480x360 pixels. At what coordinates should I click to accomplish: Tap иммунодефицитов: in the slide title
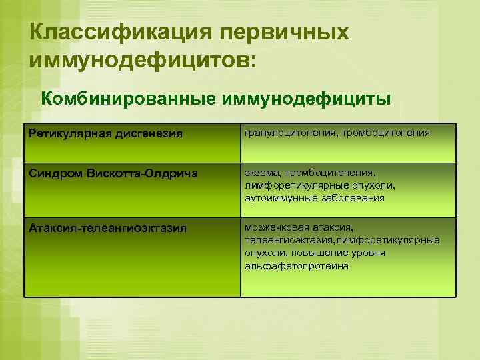click(142, 61)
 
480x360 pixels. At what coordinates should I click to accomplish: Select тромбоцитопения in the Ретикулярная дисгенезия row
click(387, 133)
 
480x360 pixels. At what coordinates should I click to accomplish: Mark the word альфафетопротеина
click(297, 265)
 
